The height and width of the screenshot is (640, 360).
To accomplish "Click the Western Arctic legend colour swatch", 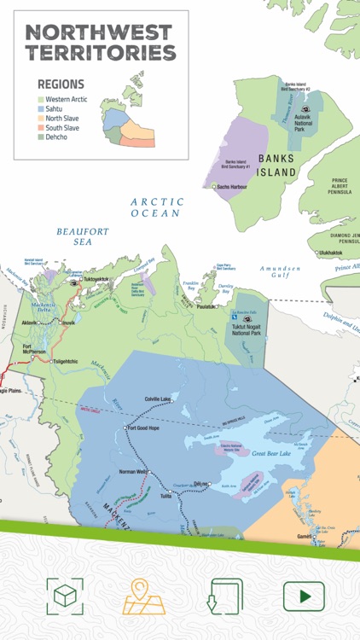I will [41, 100].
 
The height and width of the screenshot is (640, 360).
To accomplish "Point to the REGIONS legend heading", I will [61, 84].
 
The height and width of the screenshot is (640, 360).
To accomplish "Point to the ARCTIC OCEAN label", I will [156, 207].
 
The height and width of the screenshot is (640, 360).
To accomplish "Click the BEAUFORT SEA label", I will [83, 236].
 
